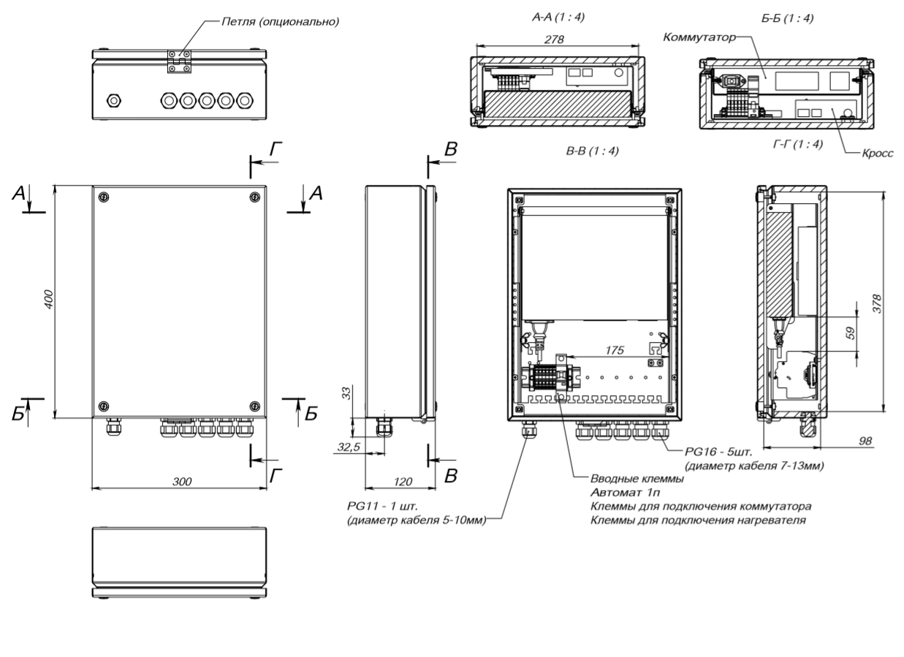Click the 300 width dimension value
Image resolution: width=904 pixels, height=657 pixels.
pyautogui.click(x=181, y=482)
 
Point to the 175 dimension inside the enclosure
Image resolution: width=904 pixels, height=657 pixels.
pyautogui.click(x=615, y=352)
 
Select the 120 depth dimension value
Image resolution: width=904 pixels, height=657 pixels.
pyautogui.click(x=400, y=482)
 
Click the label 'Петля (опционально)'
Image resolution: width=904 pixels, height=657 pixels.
pyautogui.click(x=281, y=21)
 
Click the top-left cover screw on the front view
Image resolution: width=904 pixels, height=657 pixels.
pyautogui.click(x=103, y=197)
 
